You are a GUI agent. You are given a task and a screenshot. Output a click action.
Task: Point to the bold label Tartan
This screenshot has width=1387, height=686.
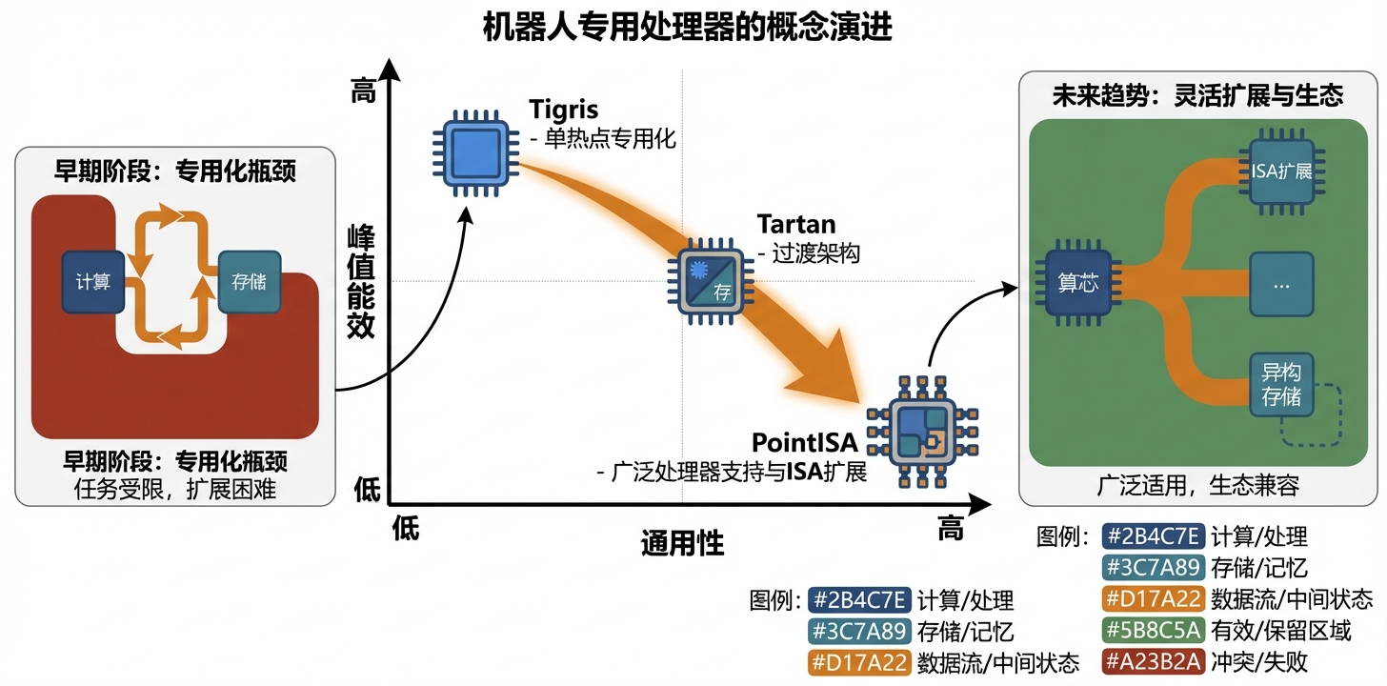[x=795, y=225]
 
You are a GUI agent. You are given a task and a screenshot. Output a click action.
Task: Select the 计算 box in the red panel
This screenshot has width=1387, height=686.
[x=93, y=282]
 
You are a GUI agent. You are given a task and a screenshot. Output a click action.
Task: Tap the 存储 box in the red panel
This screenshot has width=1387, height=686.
[x=249, y=282]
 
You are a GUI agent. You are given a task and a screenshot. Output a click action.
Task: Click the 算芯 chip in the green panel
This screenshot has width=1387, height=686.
[x=1078, y=284]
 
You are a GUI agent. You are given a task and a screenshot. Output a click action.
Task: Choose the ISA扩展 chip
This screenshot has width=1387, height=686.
[x=1281, y=171]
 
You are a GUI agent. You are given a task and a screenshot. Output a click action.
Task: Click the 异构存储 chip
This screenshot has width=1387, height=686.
[x=1281, y=384]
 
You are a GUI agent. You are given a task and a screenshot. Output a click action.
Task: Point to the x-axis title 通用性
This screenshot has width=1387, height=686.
[x=682, y=543]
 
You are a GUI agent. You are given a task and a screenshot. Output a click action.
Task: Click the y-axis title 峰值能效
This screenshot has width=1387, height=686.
[x=361, y=282]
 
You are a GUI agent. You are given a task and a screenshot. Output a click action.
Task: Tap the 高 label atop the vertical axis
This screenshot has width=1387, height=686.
[x=363, y=92]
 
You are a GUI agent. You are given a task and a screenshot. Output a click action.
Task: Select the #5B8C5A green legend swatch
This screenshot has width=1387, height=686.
[x=1154, y=629]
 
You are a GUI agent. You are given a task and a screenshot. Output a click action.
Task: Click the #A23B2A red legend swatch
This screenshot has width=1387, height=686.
[x=1154, y=660]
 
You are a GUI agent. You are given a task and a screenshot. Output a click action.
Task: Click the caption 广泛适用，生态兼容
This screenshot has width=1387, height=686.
[x=1197, y=485]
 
